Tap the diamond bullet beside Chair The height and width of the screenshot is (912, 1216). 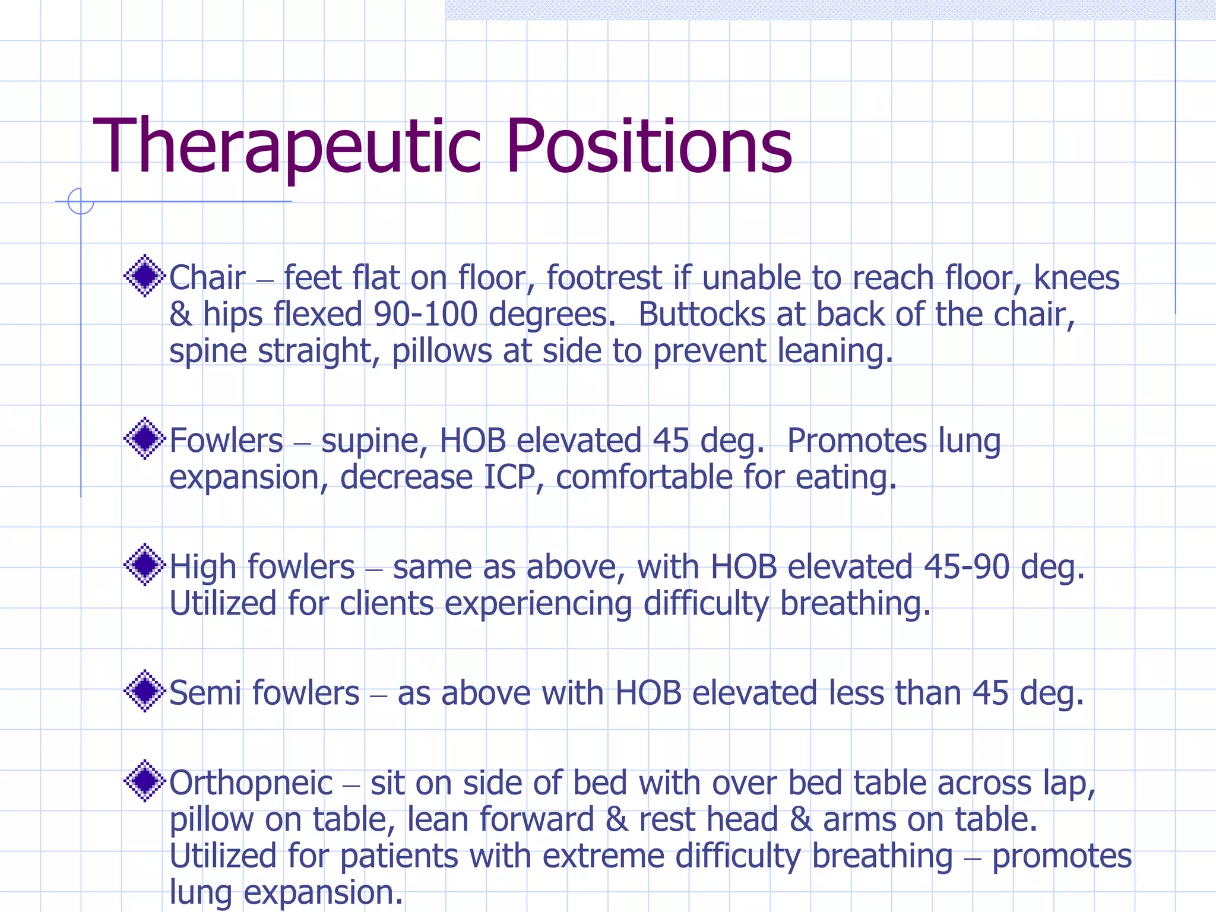pos(144,275)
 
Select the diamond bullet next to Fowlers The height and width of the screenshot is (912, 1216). pos(144,438)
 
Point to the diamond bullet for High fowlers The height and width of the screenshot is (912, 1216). pos(144,565)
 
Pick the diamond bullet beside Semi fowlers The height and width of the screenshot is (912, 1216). pos(144,691)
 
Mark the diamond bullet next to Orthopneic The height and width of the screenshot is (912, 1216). pos(144,781)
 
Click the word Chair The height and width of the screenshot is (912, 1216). pos(207,278)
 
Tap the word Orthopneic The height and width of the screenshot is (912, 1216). pos(251,783)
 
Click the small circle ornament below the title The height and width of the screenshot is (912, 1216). pos(81,201)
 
